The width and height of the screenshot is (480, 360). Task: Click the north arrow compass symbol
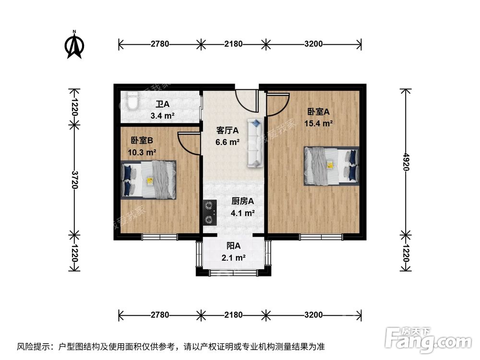tap(74, 45)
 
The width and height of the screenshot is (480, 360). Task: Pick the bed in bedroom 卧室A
tap(331, 166)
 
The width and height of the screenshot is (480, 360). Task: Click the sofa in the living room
tap(255, 143)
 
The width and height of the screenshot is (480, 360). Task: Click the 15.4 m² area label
tap(319, 123)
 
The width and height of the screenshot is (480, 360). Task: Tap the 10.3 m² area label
tap(141, 153)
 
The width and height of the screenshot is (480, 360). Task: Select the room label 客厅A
tap(228, 130)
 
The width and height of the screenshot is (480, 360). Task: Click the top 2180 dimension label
tap(233, 44)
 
